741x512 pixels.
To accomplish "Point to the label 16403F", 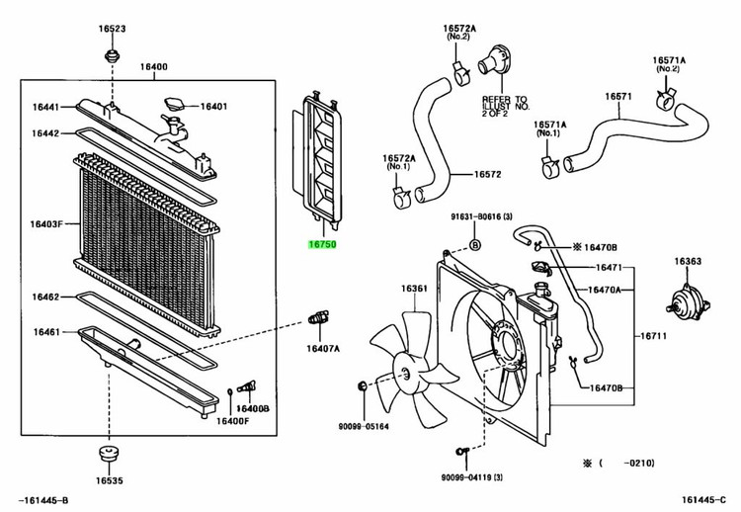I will click(45, 225).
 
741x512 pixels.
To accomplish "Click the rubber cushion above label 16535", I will click(107, 458).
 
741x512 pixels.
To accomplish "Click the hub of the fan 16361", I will click(408, 372).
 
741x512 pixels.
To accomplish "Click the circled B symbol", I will click(474, 243).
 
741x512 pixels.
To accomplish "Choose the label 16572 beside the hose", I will click(488, 175).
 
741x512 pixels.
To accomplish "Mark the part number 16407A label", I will click(323, 348).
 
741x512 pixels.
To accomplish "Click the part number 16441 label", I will click(46, 107).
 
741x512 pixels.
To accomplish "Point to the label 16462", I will click(46, 296).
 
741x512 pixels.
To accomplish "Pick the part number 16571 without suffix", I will click(618, 96).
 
